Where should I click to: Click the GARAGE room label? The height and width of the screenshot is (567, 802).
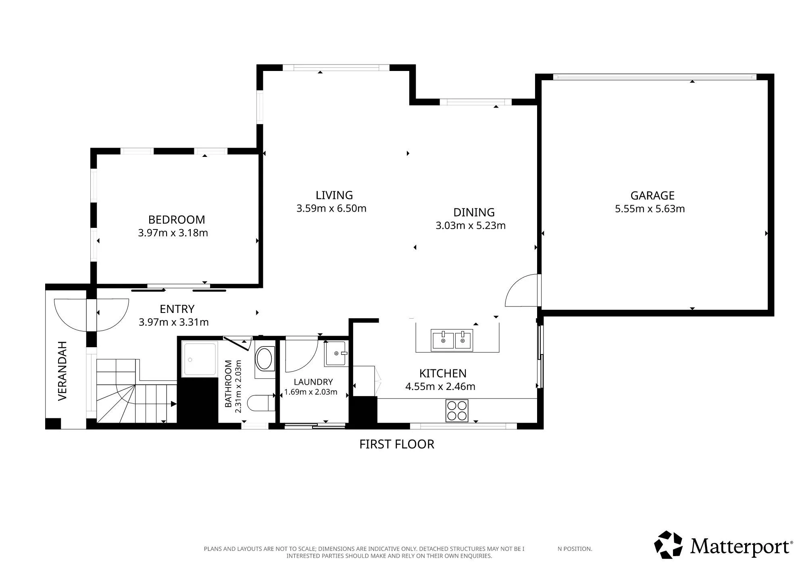click(x=652, y=196)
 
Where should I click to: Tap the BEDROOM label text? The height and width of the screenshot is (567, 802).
click(x=177, y=220)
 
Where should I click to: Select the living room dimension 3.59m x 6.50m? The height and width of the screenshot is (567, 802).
click(x=331, y=208)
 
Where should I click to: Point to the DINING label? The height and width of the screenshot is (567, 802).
click(x=474, y=213)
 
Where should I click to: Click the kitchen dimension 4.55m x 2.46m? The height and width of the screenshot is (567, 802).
click(x=440, y=386)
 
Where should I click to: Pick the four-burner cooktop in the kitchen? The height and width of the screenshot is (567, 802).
click(x=457, y=411)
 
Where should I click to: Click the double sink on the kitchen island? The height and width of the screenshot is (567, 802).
click(x=452, y=340)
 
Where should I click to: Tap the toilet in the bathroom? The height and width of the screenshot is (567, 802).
click(x=260, y=403)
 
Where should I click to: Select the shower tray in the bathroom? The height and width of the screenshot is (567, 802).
click(x=200, y=359)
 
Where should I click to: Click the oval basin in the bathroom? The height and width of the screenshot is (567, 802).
click(x=264, y=359)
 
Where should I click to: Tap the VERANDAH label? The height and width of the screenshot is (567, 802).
click(x=62, y=371)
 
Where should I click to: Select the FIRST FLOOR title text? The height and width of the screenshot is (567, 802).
click(x=397, y=444)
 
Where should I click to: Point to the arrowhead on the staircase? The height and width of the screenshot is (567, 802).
click(x=173, y=404)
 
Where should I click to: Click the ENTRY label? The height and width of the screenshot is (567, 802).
click(x=177, y=309)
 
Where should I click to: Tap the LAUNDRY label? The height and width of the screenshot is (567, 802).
click(x=313, y=382)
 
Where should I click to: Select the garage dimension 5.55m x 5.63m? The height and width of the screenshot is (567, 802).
click(x=650, y=209)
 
